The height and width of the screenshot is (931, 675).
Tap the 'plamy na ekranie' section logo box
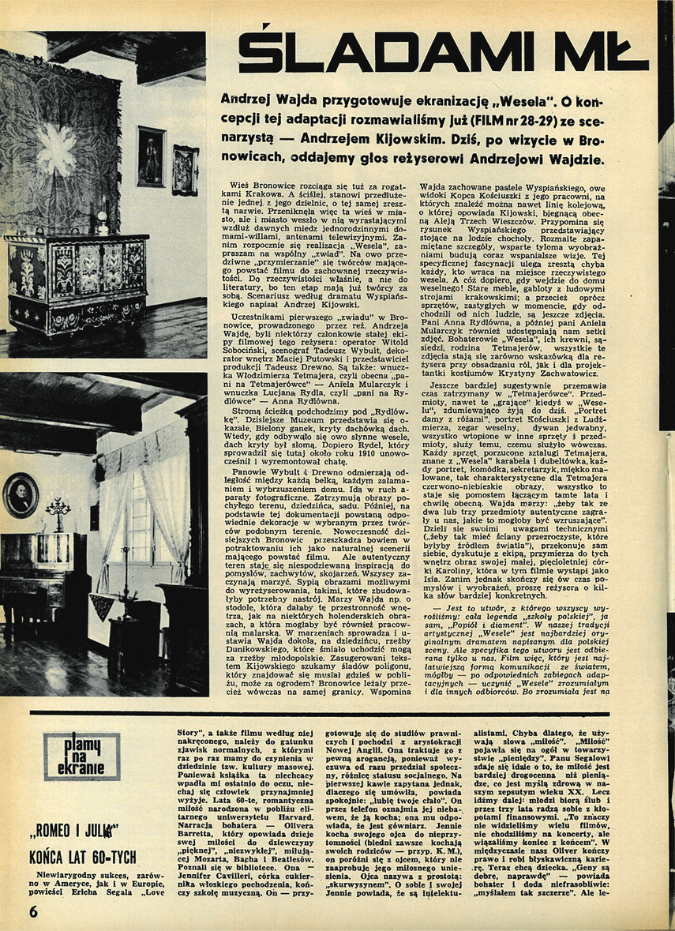tap(82, 756)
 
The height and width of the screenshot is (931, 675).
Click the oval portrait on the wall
tap(20, 495)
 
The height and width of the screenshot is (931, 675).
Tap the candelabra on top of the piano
tap(57, 513)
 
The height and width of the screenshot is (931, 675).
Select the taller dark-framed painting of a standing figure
tap(150, 156)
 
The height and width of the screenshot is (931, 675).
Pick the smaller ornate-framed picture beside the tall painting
tap(185, 168)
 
